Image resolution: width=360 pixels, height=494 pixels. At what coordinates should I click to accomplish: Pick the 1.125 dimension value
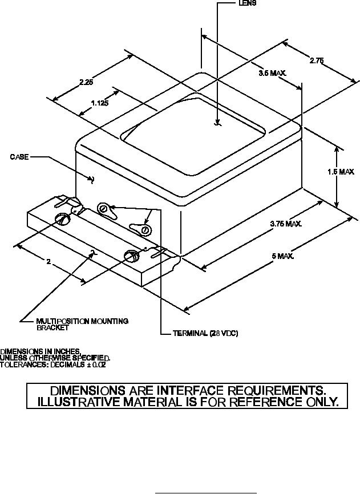(100, 103)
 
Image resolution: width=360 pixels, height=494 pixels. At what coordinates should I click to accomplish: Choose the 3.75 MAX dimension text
(285, 224)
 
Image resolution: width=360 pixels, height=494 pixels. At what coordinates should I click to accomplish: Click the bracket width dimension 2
(50, 262)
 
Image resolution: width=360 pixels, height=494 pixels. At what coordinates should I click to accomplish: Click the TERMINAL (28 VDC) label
(205, 333)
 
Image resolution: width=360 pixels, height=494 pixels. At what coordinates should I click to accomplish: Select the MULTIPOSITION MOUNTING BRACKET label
(82, 324)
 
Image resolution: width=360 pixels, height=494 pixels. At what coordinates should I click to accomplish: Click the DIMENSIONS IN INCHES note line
(41, 351)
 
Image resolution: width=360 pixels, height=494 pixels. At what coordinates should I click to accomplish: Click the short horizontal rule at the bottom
(206, 491)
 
